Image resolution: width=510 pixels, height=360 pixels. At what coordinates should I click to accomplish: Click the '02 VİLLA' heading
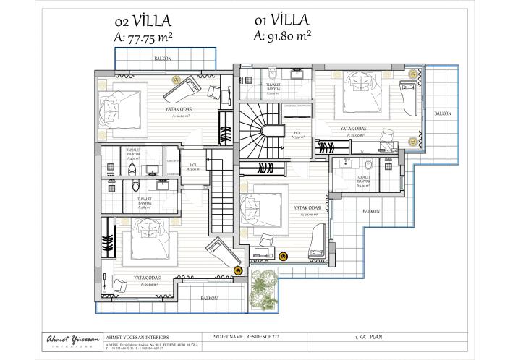[x=142, y=22]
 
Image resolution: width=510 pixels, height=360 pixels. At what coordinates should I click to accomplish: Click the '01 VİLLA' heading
[x=281, y=20]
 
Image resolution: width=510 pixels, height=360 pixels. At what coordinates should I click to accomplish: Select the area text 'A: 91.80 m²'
[x=282, y=34]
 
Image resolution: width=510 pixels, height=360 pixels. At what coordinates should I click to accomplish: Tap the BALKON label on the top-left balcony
[x=164, y=57]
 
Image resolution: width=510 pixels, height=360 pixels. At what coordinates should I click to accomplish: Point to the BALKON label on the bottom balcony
[x=209, y=298]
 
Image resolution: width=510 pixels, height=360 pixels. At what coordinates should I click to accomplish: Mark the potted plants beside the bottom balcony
[x=262, y=288]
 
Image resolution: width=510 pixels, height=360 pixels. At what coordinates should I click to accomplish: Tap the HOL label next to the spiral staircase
[x=297, y=134]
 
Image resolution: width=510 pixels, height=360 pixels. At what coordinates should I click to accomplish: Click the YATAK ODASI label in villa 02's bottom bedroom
[x=147, y=277]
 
